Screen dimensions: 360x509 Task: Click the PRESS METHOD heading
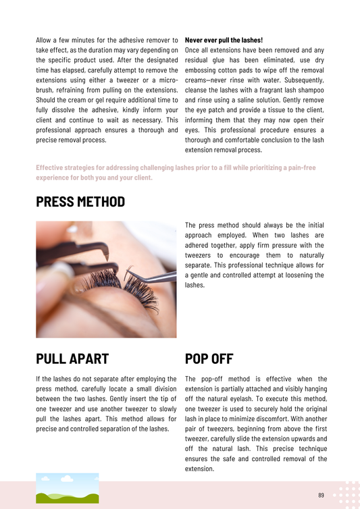click(80, 202)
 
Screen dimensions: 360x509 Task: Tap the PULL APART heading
click(72, 358)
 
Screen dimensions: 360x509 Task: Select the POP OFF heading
click(209, 358)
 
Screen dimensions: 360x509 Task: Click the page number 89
click(321, 495)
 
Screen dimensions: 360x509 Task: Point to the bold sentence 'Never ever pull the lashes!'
click(224, 41)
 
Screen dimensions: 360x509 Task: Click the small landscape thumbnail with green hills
click(68, 488)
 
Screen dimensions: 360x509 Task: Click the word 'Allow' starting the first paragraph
click(43, 41)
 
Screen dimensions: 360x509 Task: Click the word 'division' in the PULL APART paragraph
click(165, 389)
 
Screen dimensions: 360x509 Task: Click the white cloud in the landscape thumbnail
click(67, 478)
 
